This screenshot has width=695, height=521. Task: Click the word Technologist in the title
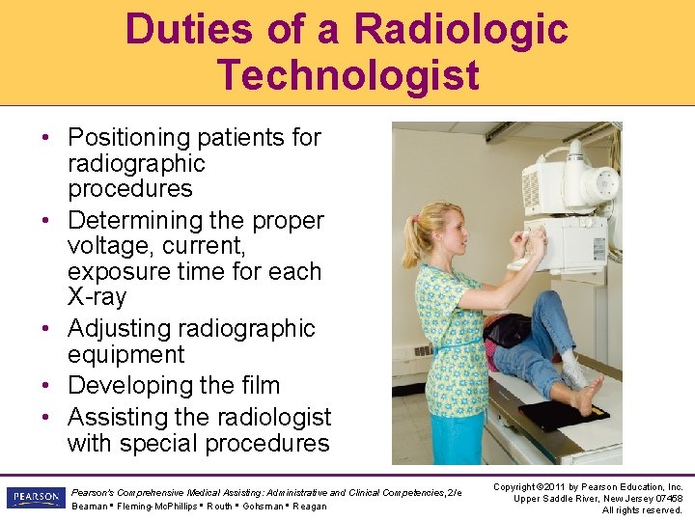[x=347, y=74]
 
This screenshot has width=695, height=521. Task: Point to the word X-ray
[x=97, y=297]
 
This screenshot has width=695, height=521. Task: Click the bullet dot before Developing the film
[x=47, y=386]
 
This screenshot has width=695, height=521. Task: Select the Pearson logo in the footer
[x=35, y=498]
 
